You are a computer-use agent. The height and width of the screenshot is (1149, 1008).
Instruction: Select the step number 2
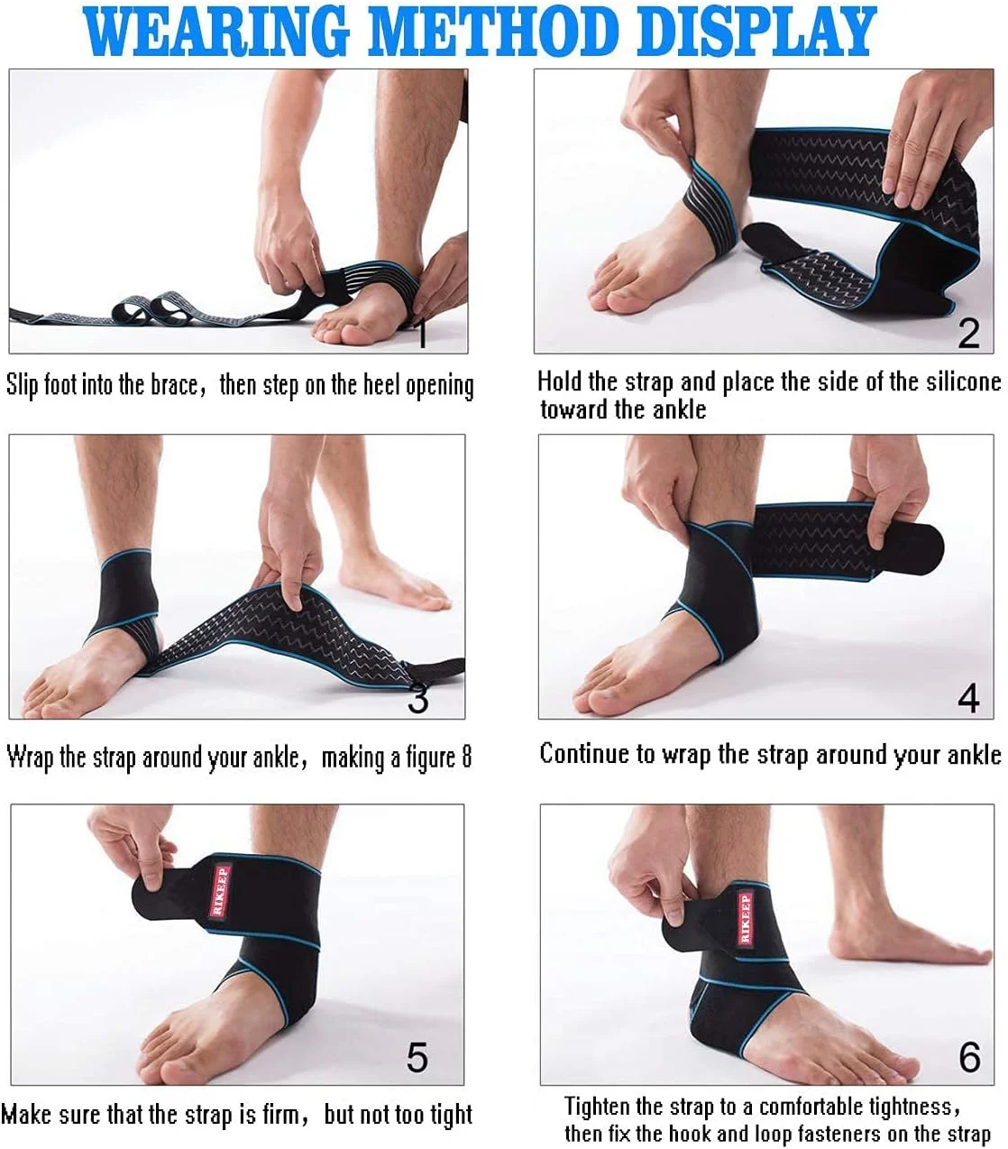[969, 334]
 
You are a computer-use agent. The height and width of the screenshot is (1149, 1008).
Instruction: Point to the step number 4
[969, 699]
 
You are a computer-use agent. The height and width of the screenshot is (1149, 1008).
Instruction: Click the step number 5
[417, 1058]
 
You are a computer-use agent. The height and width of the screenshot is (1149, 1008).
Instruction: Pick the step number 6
[969, 1058]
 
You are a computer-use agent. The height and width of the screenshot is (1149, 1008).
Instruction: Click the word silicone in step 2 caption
[964, 382]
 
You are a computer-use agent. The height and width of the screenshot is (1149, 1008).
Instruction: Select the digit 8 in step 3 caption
[466, 757]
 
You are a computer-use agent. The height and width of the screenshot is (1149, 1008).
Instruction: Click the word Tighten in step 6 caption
[598, 1107]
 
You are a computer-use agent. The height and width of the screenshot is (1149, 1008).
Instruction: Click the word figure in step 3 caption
[430, 758]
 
